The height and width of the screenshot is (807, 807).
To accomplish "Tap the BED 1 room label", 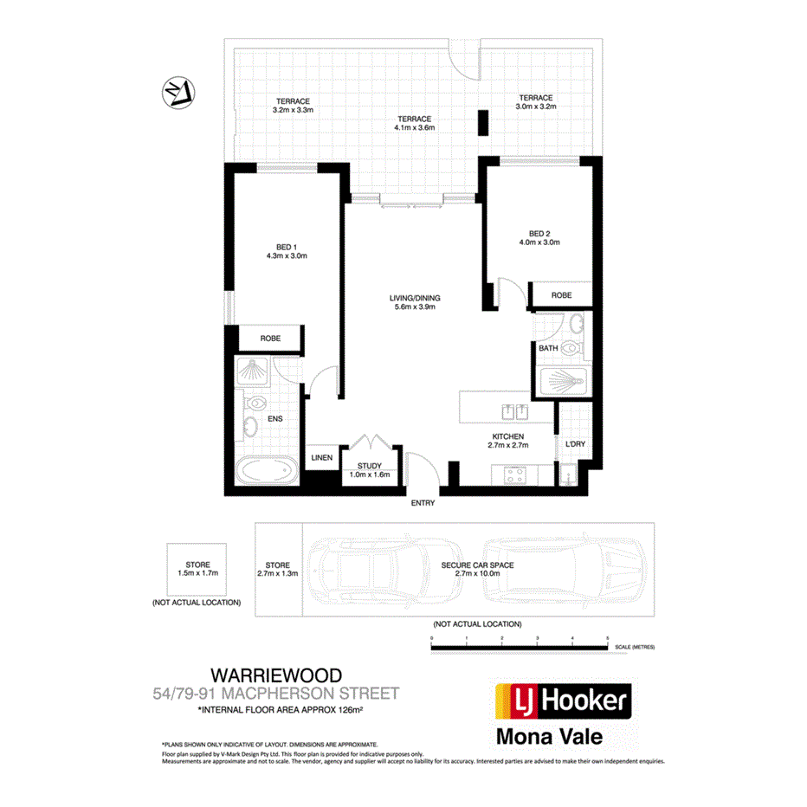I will click(x=287, y=246).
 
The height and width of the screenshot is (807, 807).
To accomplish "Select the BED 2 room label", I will click(x=539, y=233).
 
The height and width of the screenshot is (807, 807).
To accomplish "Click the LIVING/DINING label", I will click(x=412, y=298).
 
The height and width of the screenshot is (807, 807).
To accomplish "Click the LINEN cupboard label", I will click(x=322, y=458).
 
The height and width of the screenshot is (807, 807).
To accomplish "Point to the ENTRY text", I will click(x=423, y=503).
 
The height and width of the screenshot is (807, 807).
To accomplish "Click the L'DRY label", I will click(x=575, y=444).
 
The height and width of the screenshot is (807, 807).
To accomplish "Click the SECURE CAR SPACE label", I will click(x=477, y=565).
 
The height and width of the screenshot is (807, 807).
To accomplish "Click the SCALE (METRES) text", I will click(x=635, y=647).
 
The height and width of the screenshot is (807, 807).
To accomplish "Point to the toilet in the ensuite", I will click(x=255, y=403).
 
